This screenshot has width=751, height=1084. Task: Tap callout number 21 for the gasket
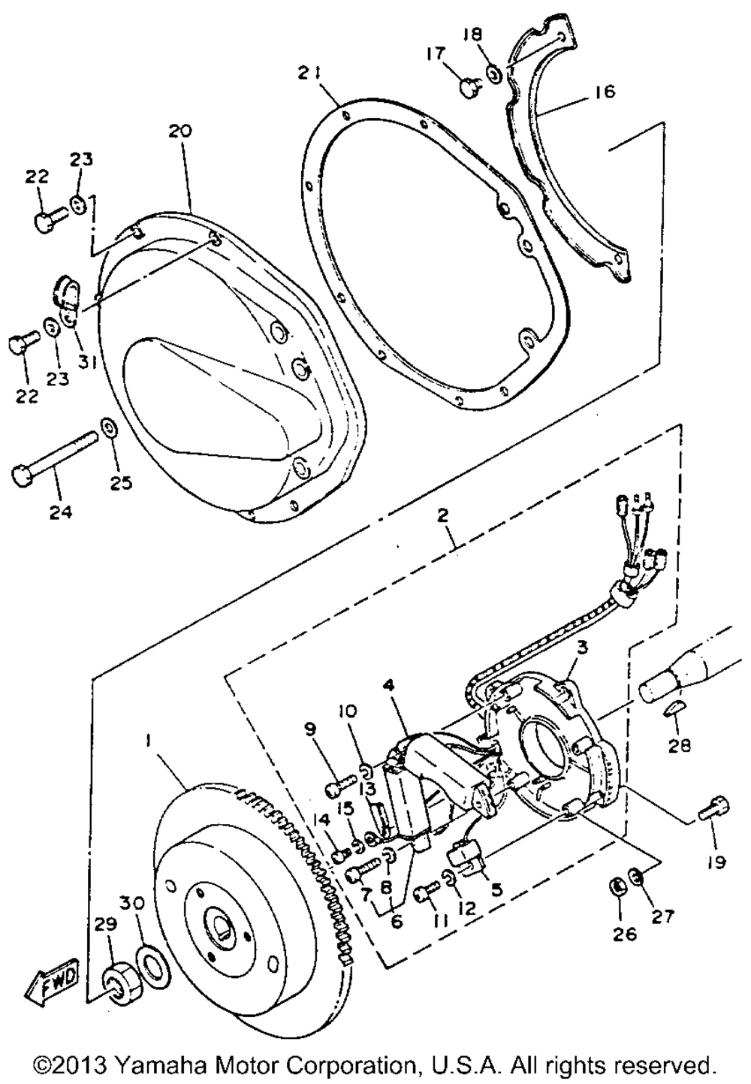click(309, 74)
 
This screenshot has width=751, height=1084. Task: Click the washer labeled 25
click(105, 427)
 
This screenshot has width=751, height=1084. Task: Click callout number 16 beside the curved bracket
click(603, 91)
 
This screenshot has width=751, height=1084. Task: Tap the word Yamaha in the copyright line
click(158, 1064)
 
